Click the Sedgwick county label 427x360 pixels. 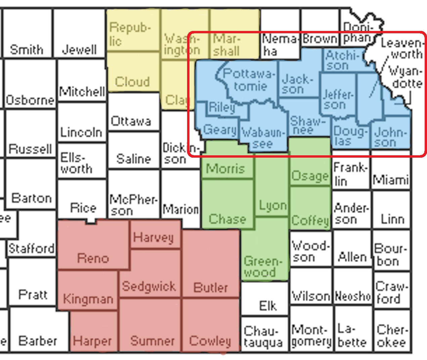click(148, 286)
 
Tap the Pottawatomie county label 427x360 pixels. click(249, 80)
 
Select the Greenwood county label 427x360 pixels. click(261, 267)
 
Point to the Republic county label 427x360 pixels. click(130, 34)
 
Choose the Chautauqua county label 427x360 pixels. click(263, 337)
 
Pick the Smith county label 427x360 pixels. click(27, 50)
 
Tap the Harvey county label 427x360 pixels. click(153, 237)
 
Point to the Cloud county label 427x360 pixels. click(132, 82)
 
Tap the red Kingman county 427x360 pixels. click(88, 298)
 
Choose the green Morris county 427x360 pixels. click(225, 168)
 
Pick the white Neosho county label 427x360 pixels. click(353, 296)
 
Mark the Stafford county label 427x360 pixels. click(31, 249)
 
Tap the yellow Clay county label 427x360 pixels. click(176, 100)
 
